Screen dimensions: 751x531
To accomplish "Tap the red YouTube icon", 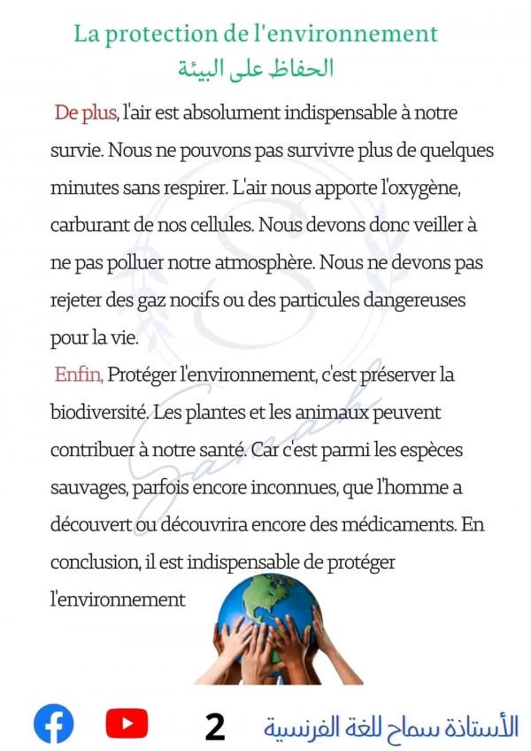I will point(127,723).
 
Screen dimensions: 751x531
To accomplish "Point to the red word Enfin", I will point(79,375).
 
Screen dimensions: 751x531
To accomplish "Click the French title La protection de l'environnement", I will point(256,34).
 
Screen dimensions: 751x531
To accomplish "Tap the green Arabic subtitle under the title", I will point(255,68).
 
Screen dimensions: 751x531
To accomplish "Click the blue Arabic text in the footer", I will point(391,725).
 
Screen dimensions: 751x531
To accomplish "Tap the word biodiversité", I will point(102,413).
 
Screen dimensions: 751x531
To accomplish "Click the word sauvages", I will point(86,487).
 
